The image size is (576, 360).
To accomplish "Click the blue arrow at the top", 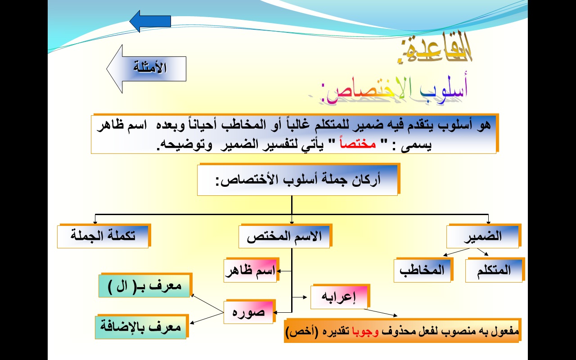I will tap(150, 21).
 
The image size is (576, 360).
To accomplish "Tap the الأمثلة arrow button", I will tap(147, 68).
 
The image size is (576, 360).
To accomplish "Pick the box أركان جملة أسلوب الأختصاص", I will tap(297, 180).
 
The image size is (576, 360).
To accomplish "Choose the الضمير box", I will tap(483, 237).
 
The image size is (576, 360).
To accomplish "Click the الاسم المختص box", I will tap(284, 237).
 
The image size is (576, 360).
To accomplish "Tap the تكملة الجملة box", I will tap(103, 236).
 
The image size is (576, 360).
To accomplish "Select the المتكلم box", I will tap(494, 270).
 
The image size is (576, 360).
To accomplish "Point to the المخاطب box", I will tap(422, 270).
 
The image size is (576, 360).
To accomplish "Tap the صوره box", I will tap(249, 311).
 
